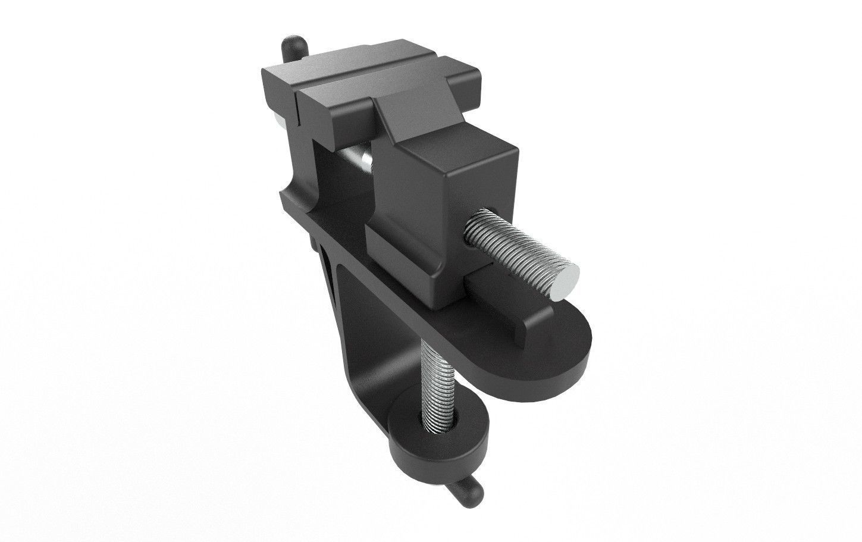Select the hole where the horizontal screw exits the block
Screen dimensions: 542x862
476,223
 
